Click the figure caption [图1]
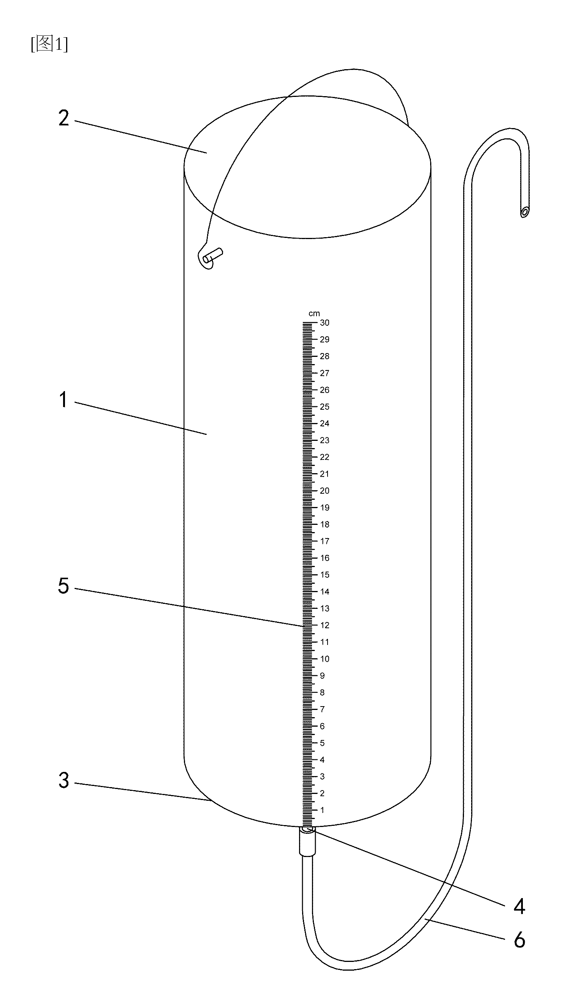49,44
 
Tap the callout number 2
64,118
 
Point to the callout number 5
63,586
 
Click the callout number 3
64,780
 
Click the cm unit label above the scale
314,314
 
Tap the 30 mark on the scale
325,323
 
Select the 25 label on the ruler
325,407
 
